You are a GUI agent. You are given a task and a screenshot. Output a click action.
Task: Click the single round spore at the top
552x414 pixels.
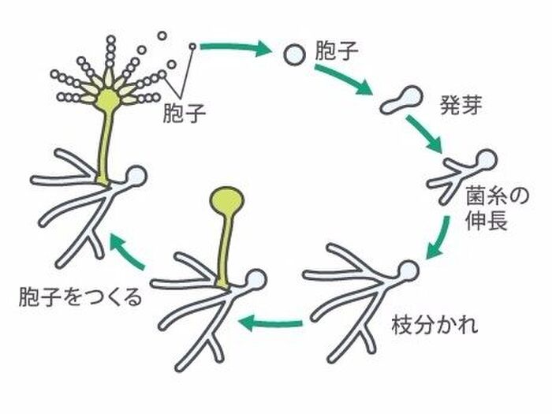point(293,54)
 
